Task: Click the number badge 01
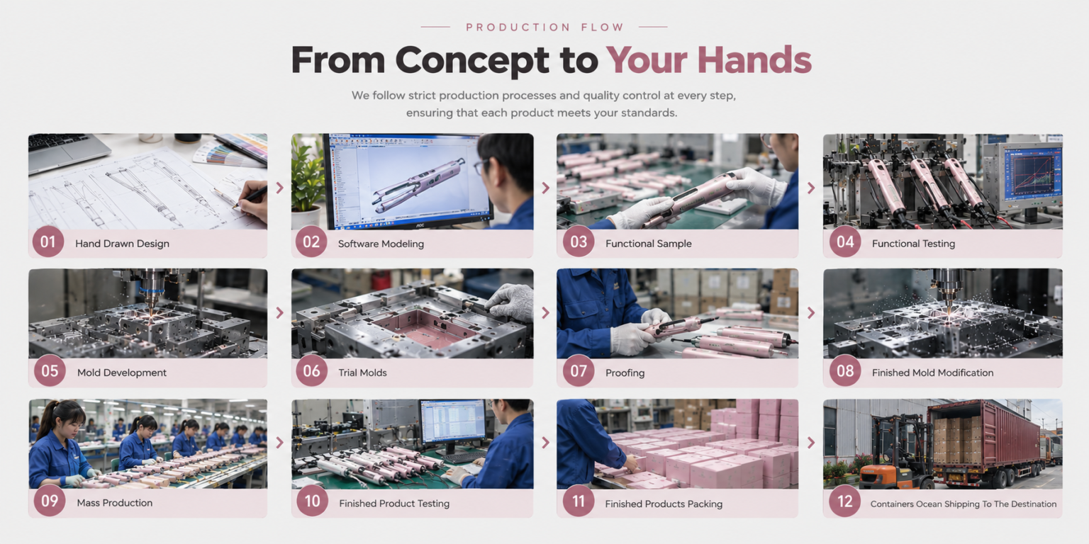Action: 48,242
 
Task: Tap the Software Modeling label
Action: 381,244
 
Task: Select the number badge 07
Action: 579,371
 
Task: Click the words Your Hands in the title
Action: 709,60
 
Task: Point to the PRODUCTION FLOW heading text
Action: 544,27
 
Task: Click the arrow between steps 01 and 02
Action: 279,188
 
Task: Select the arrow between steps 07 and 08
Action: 811,312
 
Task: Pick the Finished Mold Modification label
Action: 932,373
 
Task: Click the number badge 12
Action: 845,501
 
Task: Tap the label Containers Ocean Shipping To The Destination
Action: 963,504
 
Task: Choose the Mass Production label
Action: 115,503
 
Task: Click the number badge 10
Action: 312,501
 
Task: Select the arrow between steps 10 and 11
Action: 545,443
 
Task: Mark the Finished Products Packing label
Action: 664,504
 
